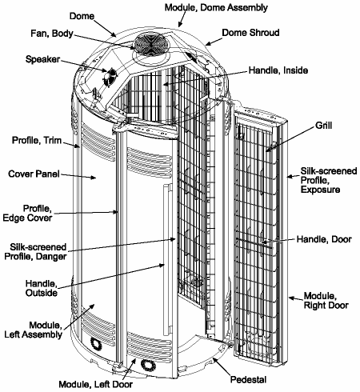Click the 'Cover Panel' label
point(31,173)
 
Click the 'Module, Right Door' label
point(326,301)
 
